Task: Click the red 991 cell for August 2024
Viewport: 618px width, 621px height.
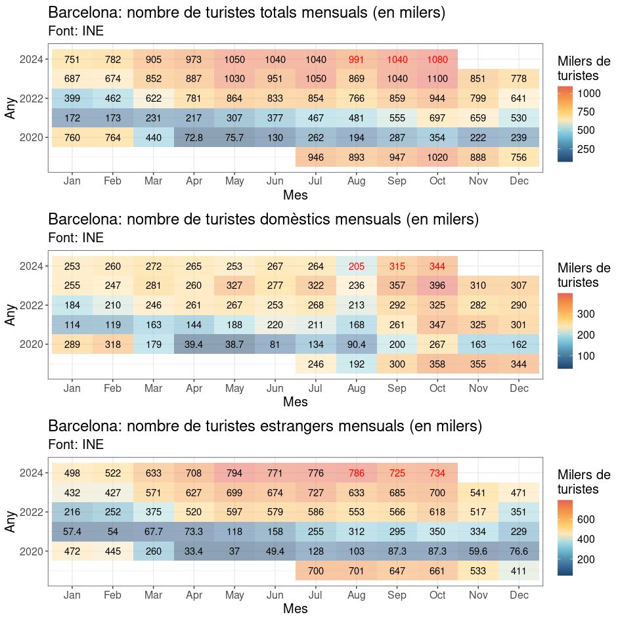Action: [x=356, y=60]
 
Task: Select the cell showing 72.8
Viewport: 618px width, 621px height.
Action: [x=194, y=138]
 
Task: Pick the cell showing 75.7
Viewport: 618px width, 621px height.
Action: [x=234, y=138]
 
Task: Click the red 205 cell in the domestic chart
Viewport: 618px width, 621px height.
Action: [x=356, y=267]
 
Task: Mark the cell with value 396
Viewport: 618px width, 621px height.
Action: [x=437, y=286]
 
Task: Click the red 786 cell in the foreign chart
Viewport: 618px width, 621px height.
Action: [x=356, y=473]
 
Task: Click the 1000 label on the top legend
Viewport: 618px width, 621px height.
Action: [x=588, y=93]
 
